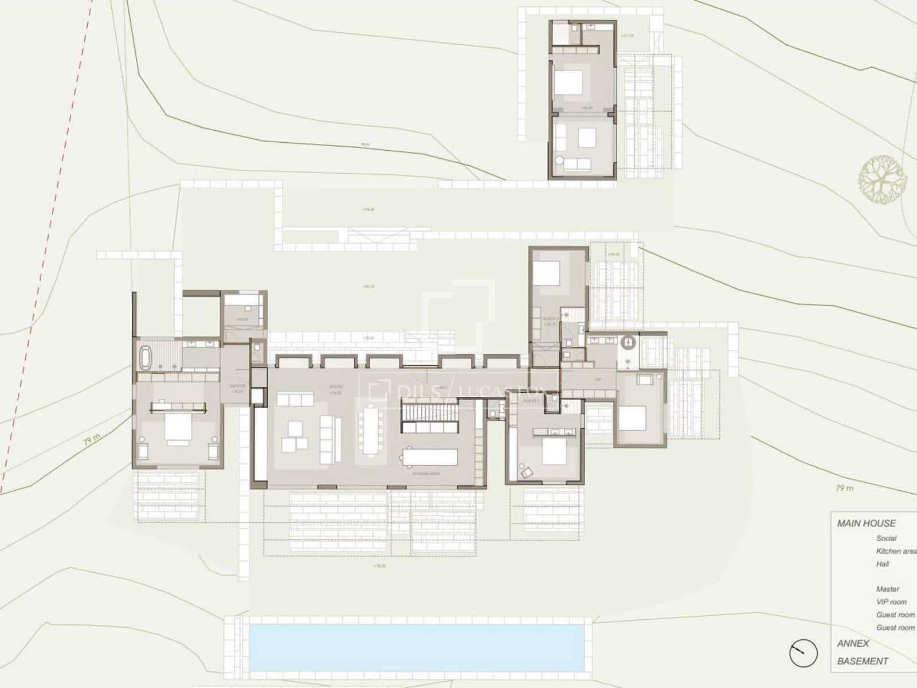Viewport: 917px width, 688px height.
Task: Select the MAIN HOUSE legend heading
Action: [x=866, y=523]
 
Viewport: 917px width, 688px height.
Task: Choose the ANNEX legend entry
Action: [x=853, y=643]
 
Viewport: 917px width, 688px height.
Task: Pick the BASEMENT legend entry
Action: [x=863, y=661]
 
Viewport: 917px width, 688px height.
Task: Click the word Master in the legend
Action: [x=887, y=589]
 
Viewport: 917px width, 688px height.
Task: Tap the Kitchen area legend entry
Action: [x=896, y=551]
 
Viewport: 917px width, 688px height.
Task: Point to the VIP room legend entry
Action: [x=891, y=602]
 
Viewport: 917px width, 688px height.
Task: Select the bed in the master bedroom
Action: [x=178, y=429]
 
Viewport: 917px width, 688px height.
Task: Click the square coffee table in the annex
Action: [x=587, y=138]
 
